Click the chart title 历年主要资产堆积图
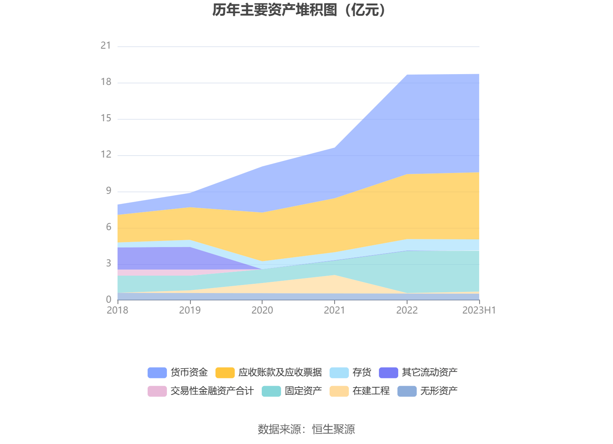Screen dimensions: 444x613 pyautogui.click(x=299, y=10)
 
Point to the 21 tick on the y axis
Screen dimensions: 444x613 pyautogui.click(x=106, y=46)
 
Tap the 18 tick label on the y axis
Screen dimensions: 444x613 pyautogui.click(x=106, y=82)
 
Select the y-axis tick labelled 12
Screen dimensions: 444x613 pyautogui.click(x=106, y=154)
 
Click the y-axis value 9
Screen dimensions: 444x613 pyautogui.click(x=108, y=191)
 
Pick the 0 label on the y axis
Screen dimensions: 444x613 pyautogui.click(x=108, y=300)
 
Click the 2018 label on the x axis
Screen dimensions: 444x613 pyautogui.click(x=117, y=310)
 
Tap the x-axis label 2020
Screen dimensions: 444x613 pyautogui.click(x=262, y=310)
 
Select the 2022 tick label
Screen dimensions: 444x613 pyautogui.click(x=407, y=310)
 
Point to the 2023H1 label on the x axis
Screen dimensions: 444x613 pyautogui.click(x=479, y=310)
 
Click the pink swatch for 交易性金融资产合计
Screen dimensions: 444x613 pyautogui.click(x=157, y=391)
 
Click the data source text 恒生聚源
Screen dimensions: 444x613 pyautogui.click(x=333, y=429)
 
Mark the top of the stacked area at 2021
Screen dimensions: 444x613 pyautogui.click(x=335, y=147)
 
